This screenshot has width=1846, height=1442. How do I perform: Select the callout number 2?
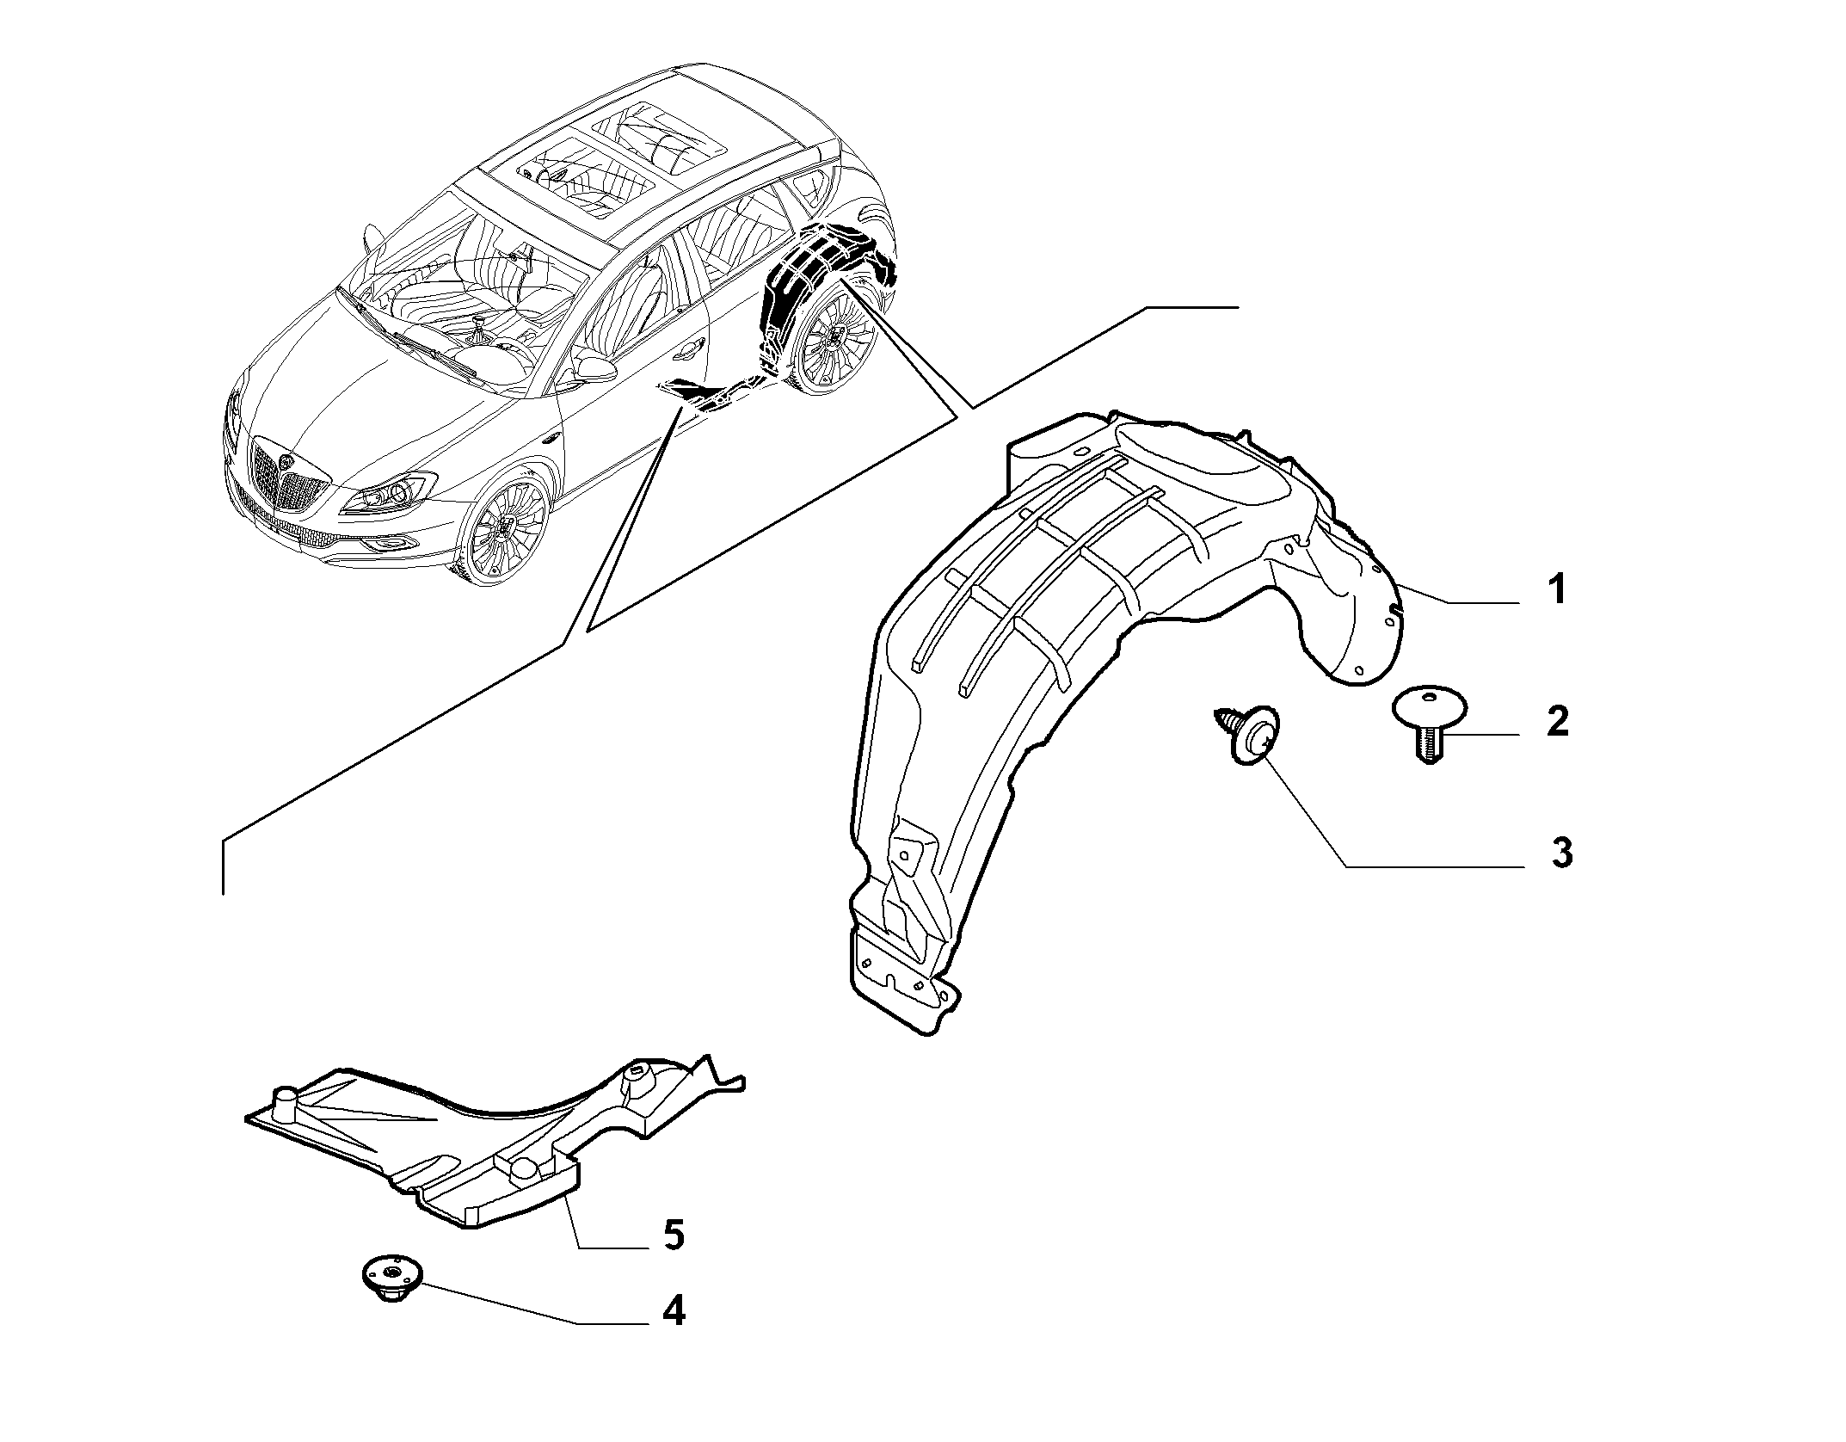coord(1557,720)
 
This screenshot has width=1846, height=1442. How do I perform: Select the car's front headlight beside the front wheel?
coord(392,492)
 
